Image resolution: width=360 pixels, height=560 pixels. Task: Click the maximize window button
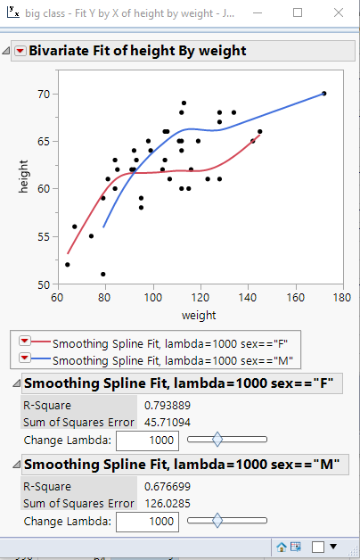point(299,13)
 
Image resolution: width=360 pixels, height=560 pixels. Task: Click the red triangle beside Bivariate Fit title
point(20,52)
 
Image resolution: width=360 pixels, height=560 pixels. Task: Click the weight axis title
point(199,316)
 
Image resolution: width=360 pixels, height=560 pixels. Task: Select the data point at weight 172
point(323,94)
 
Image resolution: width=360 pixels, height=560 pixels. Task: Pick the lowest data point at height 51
point(103,274)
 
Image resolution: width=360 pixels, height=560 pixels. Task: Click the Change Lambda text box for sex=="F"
point(148,440)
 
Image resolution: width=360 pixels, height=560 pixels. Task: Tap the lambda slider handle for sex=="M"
point(217,521)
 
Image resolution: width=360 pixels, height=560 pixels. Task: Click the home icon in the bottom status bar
point(282,546)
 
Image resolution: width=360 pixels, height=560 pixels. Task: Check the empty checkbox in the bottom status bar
point(318,546)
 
